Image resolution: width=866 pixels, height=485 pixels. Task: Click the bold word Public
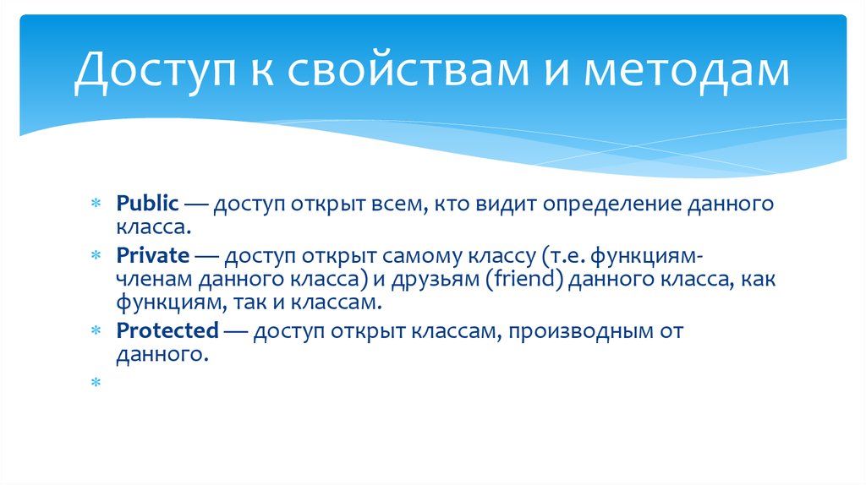click(148, 204)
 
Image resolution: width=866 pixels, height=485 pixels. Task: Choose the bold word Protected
click(167, 331)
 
